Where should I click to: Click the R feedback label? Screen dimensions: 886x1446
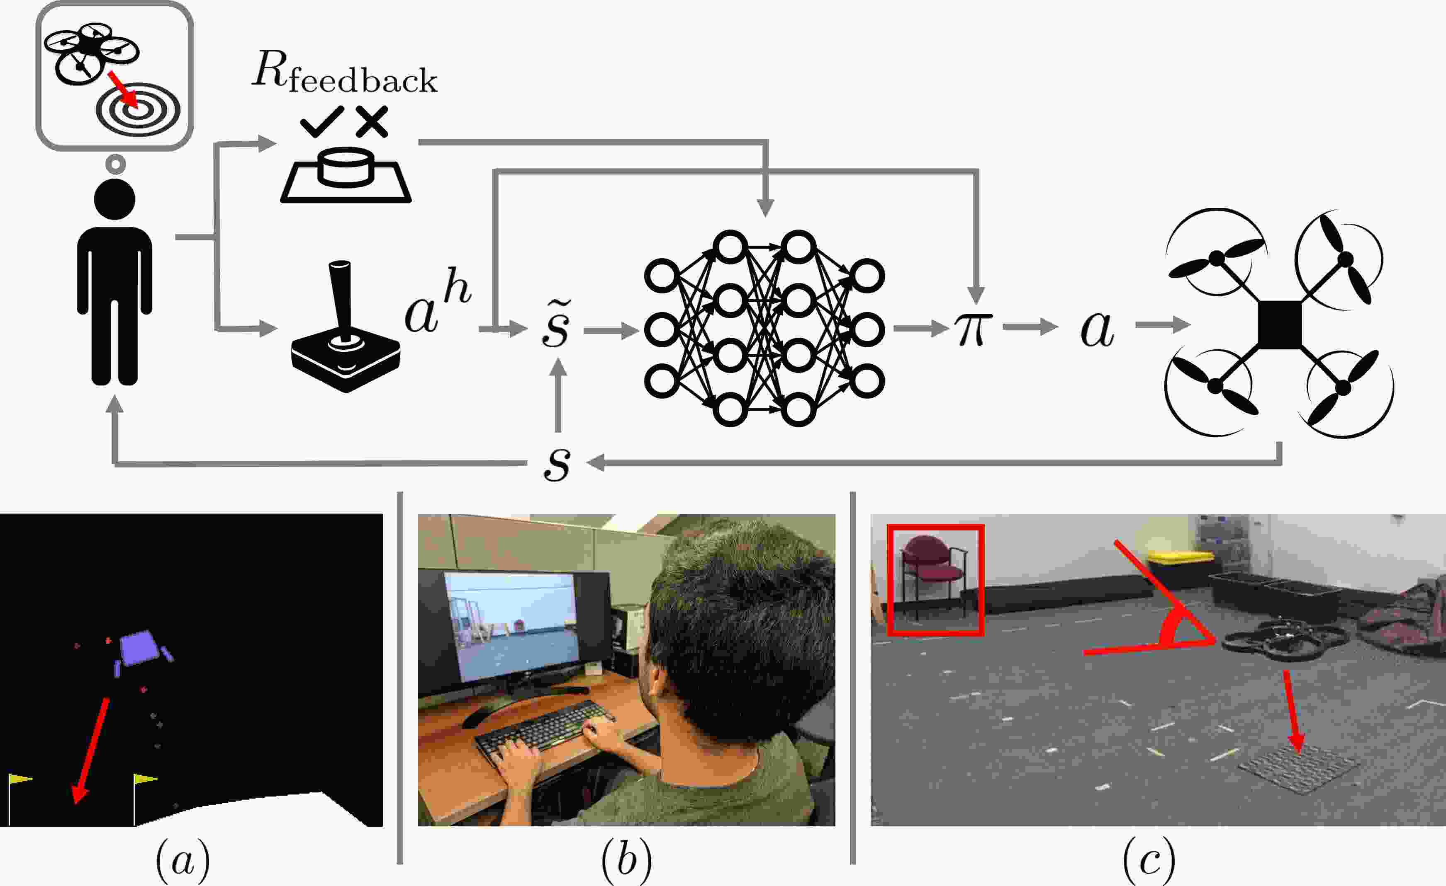pos(344,75)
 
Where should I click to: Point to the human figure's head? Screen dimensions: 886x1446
pos(115,199)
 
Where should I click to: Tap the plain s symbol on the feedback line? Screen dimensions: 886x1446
pos(556,463)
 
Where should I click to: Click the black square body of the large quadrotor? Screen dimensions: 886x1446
pos(1279,324)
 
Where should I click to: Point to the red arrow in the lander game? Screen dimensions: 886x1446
pos(91,750)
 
